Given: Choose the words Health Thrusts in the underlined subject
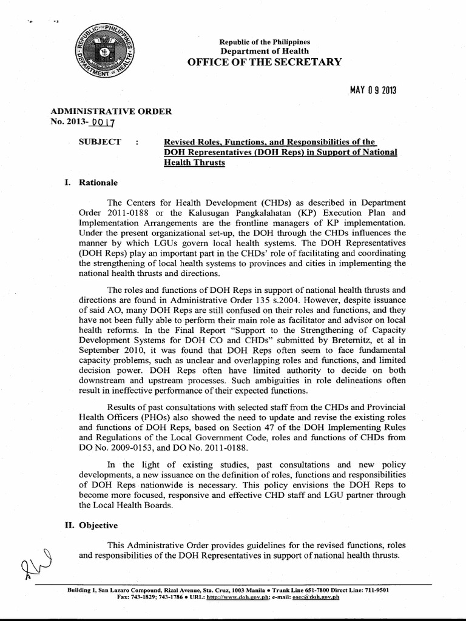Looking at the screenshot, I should (x=194, y=163).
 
